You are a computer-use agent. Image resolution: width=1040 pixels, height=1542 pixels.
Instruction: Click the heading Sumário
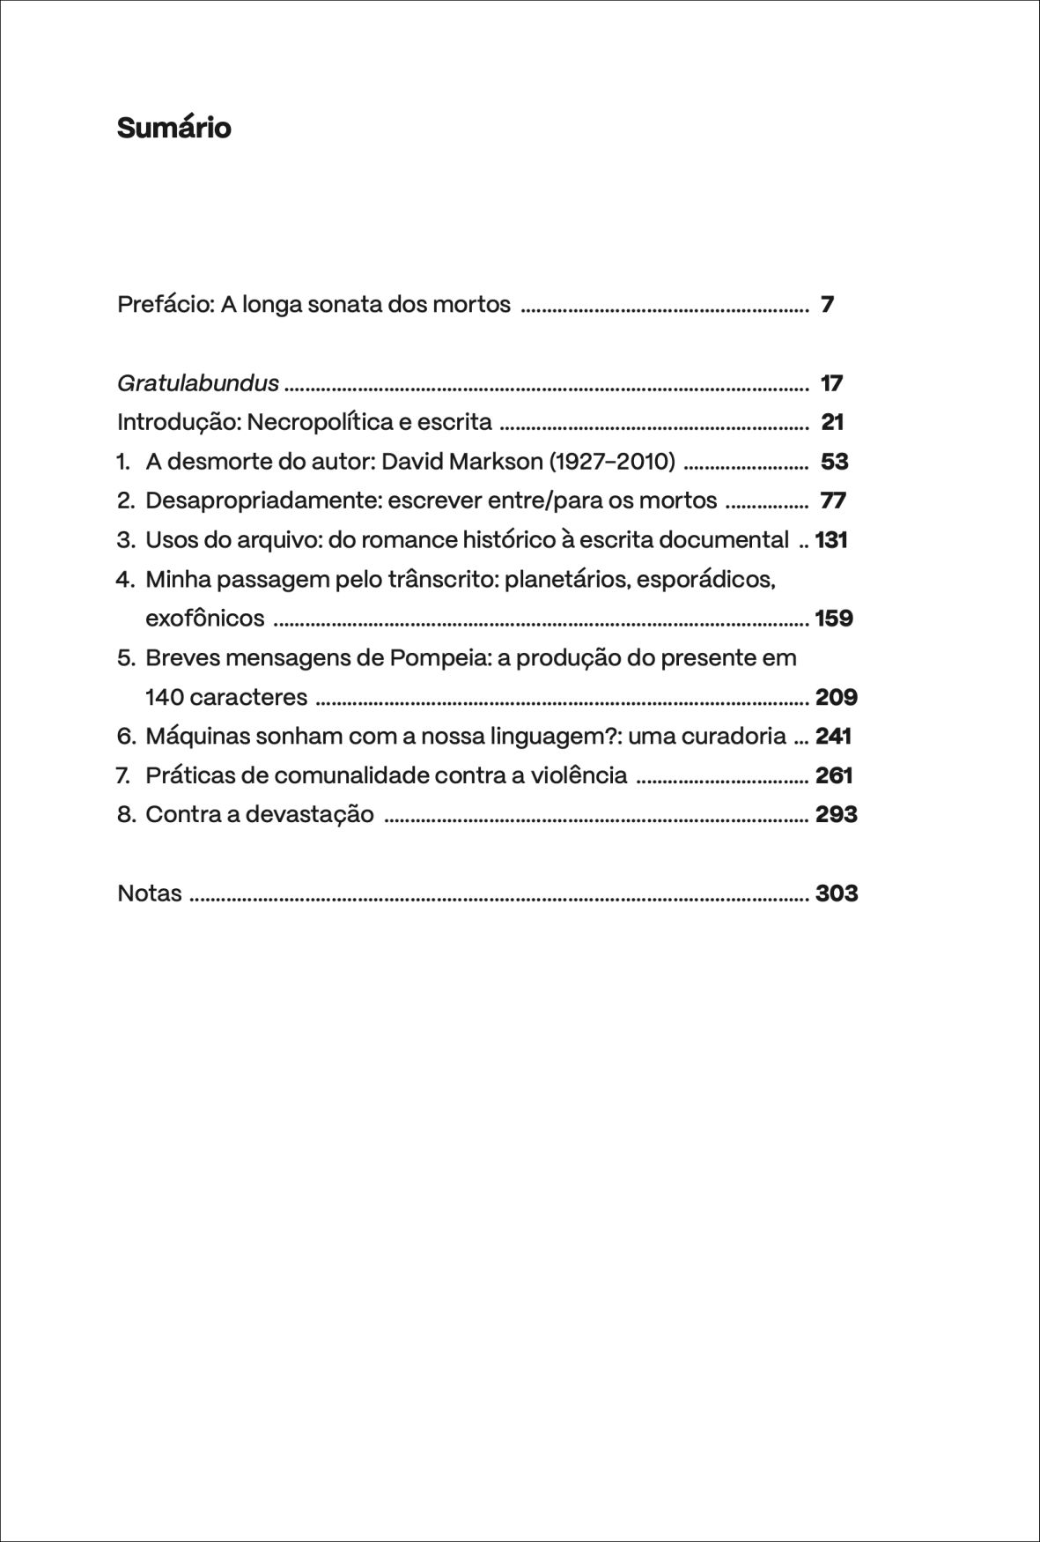click(x=173, y=129)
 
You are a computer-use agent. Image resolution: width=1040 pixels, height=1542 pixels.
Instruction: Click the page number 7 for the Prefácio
click(x=827, y=305)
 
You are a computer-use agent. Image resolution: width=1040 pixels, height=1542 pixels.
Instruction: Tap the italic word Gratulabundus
click(x=198, y=383)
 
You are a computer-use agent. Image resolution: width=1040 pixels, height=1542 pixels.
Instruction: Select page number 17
click(x=831, y=383)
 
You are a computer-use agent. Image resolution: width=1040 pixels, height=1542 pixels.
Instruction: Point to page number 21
click(x=832, y=423)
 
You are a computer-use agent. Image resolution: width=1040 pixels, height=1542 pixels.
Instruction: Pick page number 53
click(x=834, y=462)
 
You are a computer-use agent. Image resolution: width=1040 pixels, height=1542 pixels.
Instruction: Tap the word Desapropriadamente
click(x=262, y=501)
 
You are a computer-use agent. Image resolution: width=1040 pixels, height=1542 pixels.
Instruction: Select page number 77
click(x=833, y=501)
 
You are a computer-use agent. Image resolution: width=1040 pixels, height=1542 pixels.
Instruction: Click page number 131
click(x=831, y=540)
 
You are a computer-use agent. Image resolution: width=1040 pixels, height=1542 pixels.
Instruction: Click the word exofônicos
click(x=204, y=619)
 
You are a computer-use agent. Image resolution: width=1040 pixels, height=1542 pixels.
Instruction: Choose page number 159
click(x=834, y=619)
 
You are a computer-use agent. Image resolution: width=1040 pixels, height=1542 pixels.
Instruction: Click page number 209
click(x=836, y=698)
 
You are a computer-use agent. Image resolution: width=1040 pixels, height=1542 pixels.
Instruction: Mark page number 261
click(x=834, y=776)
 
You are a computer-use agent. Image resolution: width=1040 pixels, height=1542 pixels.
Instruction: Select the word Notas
click(x=150, y=893)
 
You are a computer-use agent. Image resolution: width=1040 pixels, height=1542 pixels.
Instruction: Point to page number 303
click(x=837, y=893)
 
